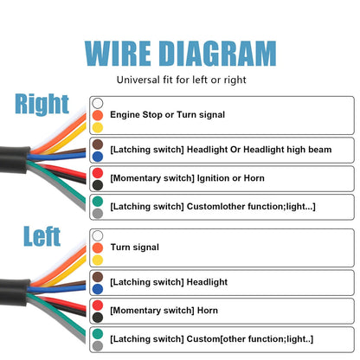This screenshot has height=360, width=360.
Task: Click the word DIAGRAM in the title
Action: pos(218,54)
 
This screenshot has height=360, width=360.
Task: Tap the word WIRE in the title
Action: pos(118,54)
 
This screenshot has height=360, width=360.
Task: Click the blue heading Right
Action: pos(42,104)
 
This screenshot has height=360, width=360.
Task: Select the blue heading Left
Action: pos(42,236)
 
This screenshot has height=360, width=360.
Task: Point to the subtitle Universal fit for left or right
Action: pos(182,80)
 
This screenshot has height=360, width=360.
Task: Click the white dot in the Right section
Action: pos(98,103)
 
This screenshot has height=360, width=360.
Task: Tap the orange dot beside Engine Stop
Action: pos(98,115)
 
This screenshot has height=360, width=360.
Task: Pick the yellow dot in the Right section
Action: pos(98,127)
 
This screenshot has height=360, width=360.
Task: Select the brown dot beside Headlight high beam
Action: pos(98,145)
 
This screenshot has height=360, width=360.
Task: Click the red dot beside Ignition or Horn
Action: pos(98,173)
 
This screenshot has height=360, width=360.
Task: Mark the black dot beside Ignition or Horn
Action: pos(98,185)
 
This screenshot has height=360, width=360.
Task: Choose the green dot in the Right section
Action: pos(98,202)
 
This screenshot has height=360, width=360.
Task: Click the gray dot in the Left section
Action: pos(98,346)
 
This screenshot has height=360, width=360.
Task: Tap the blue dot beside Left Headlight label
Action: pos(98,289)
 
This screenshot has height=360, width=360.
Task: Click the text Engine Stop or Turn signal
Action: pos(167,115)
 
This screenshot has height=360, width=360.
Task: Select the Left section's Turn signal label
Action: pos(135,247)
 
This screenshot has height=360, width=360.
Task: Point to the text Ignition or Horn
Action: pos(230,178)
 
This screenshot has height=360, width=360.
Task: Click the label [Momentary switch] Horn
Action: pos(164,311)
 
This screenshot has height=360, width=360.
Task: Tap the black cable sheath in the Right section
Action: pos(15,159)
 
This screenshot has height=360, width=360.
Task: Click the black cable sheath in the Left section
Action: pos(15,292)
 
